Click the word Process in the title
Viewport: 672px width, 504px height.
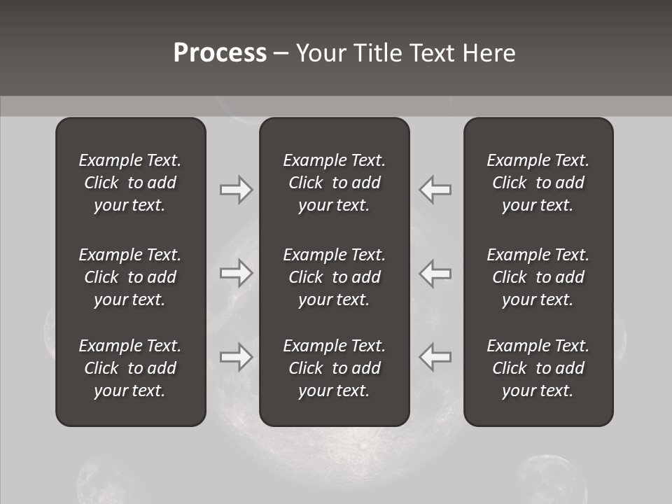click(220, 53)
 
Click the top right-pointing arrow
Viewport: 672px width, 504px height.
click(236, 189)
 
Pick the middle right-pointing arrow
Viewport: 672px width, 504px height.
click(236, 273)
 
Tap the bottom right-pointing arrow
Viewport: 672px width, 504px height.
click(236, 357)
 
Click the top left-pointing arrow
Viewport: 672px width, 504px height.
click(435, 189)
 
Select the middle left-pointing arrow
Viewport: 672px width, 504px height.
click(435, 273)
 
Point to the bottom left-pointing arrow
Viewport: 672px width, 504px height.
click(435, 357)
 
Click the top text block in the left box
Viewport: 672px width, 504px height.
click(130, 183)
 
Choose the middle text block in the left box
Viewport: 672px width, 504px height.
click(130, 277)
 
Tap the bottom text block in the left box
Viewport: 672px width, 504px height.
click(130, 368)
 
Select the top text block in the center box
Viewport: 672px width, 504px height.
click(335, 183)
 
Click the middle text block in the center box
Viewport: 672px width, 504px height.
click(335, 277)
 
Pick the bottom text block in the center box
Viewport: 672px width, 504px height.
click(335, 368)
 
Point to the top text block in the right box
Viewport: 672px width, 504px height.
click(538, 183)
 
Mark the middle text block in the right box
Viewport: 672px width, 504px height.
click(538, 277)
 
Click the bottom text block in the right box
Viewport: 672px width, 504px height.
click(538, 368)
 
